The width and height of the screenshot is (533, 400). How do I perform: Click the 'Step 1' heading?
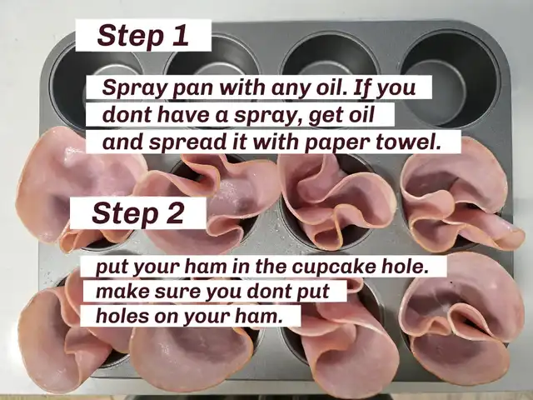142,35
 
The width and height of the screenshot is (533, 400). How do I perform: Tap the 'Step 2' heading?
138,213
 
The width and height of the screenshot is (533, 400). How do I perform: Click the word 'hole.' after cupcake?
404,267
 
